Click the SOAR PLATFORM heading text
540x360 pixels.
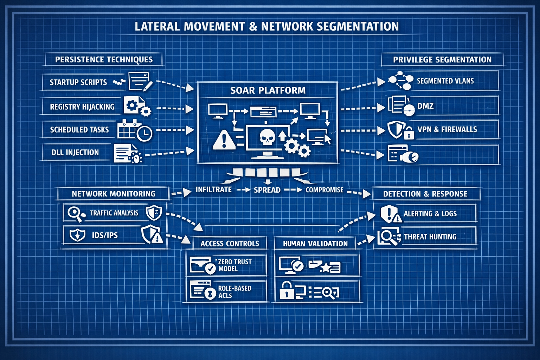[x=268, y=90]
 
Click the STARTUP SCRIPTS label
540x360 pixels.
[x=78, y=82]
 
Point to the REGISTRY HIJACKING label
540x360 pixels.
[x=82, y=107]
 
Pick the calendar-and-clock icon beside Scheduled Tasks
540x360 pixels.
[x=134, y=130]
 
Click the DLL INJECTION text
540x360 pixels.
[x=75, y=153]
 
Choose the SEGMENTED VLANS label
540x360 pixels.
[x=445, y=81]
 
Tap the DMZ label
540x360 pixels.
[x=425, y=106]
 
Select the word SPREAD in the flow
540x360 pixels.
[x=267, y=190]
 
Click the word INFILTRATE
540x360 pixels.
[x=214, y=189]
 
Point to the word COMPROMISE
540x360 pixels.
[x=324, y=190]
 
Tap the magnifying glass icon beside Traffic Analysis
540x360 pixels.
[x=75, y=213]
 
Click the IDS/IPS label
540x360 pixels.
[x=105, y=235]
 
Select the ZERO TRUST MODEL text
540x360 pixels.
[x=235, y=265]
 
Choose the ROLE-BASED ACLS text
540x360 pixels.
[x=234, y=291]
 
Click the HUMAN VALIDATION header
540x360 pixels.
[x=315, y=244]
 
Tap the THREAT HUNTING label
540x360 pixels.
[x=430, y=237]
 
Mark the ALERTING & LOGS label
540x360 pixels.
[x=430, y=213]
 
